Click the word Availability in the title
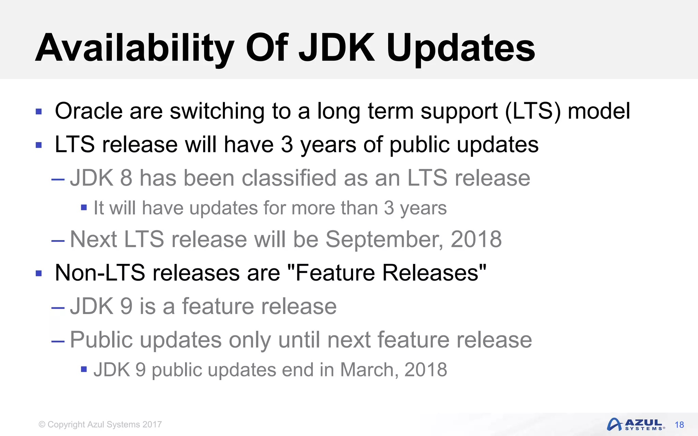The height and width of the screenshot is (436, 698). pos(135,48)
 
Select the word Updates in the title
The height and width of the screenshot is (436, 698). pos(461,48)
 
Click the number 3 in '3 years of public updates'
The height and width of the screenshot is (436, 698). pos(287,144)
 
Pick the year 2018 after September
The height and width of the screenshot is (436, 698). pos(476,239)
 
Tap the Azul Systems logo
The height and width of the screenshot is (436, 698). pos(636,424)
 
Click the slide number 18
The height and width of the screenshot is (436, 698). pos(679,425)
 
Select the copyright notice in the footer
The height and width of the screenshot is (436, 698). pos(100,424)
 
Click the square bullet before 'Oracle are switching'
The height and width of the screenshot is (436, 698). pos(39,112)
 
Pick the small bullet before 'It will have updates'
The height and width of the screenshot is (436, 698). pos(84,207)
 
